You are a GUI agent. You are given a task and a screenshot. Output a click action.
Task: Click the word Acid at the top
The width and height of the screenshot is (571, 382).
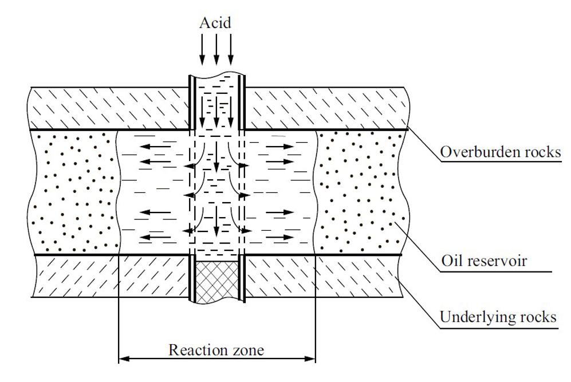coord(216,23)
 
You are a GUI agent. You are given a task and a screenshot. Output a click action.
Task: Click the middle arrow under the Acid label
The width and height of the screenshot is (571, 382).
coord(216,49)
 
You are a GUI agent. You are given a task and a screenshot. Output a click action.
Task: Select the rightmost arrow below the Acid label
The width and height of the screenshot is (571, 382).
coord(231,49)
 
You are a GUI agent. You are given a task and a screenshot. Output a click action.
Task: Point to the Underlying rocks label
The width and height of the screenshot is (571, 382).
coord(498,317)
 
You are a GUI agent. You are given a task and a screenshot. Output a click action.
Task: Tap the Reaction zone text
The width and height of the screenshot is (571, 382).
coord(216,349)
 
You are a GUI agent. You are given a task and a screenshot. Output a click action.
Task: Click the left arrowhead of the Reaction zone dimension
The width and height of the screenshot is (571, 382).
coord(123,360)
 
